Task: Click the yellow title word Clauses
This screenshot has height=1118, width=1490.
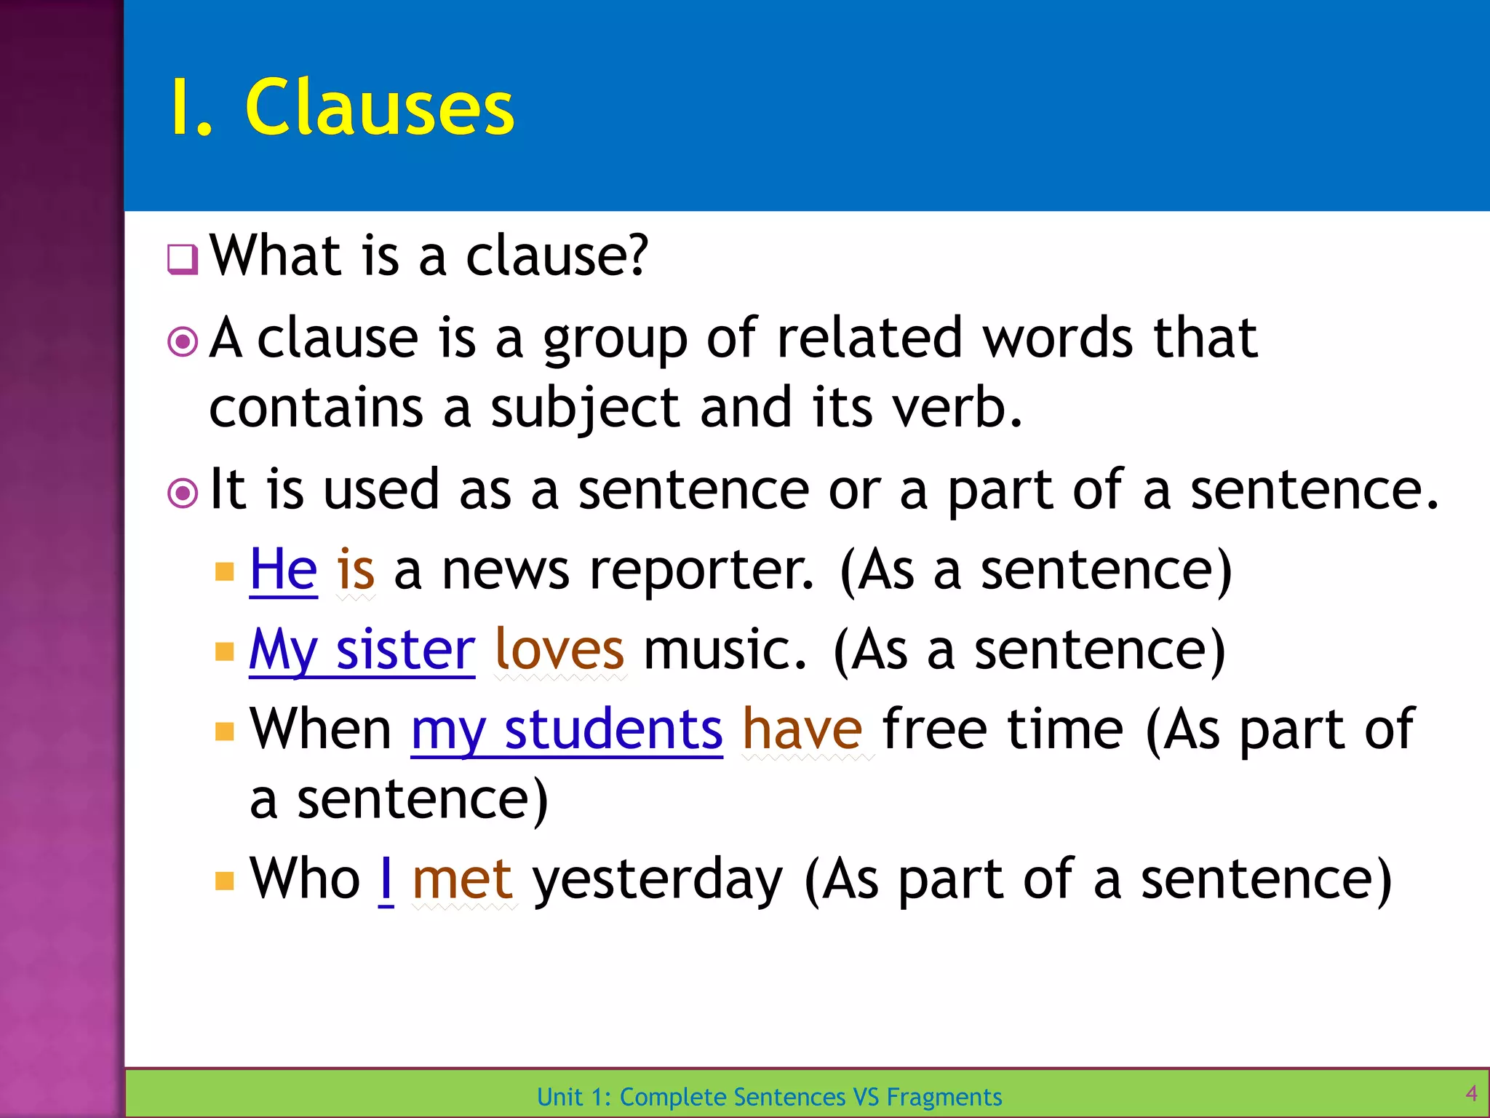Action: point(380,108)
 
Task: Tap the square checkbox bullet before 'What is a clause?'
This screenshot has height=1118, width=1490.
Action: point(182,259)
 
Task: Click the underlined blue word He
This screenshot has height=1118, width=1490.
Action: point(283,569)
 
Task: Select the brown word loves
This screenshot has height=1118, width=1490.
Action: point(559,649)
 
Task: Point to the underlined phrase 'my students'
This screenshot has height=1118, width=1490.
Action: point(567,729)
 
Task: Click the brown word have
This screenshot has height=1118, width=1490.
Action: point(802,729)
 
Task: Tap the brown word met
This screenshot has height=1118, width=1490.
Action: point(463,879)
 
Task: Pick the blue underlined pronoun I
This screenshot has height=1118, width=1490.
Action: point(386,879)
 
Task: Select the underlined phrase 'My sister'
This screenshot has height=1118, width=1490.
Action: point(362,649)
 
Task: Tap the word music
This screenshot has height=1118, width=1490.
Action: point(725,649)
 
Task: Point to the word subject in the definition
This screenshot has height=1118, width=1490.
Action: point(585,409)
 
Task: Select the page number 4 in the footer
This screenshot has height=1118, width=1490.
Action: point(1471,1093)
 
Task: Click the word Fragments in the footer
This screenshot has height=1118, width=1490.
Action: point(944,1097)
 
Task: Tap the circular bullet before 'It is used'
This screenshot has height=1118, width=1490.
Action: point(183,493)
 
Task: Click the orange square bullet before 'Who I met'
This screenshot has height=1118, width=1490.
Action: point(225,881)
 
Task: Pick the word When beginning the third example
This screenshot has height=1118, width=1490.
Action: point(321,729)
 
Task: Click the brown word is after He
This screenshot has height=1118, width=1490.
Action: point(356,569)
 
